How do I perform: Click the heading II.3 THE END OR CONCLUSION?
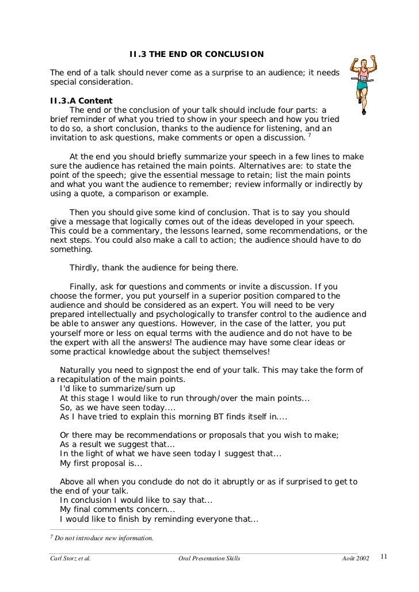pyautogui.click(x=196, y=55)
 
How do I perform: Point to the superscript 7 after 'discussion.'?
pyautogui.click(x=310, y=136)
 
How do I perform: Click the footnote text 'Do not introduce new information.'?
pyautogui.click(x=101, y=538)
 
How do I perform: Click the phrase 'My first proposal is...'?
pyautogui.click(x=101, y=463)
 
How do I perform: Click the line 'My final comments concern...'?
pyautogui.click(x=117, y=510)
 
